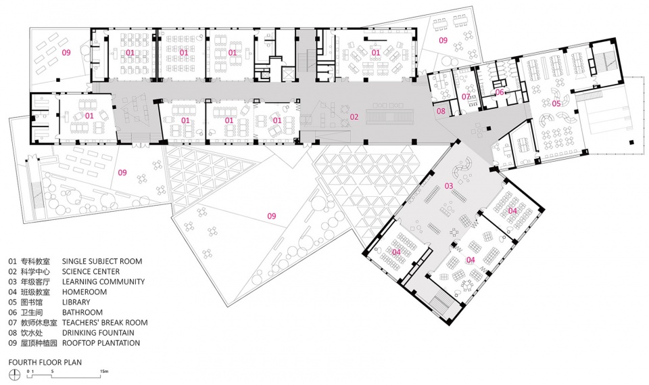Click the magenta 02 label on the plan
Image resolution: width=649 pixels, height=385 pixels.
pos(354,117)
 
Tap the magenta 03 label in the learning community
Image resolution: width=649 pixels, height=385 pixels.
pos(448,185)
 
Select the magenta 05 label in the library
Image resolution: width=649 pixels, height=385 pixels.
pos(556,104)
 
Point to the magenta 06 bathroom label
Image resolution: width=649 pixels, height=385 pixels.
pos(500,93)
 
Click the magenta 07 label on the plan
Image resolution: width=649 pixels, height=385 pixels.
pos(466,97)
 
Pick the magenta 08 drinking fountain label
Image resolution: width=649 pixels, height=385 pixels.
pos(441,111)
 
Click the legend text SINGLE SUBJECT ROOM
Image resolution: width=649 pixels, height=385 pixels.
pos(102,261)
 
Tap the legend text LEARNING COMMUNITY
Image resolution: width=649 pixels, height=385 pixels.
pos(103,281)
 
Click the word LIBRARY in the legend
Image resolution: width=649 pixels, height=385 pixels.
pos(76,302)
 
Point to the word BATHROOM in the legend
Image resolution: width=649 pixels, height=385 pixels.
pos(82,313)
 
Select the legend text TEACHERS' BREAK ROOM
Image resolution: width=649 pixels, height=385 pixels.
pos(104,323)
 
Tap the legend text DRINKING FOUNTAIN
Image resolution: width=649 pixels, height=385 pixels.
pos(98,333)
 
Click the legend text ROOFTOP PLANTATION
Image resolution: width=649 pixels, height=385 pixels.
pos(101,343)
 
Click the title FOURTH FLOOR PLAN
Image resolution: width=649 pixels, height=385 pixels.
pos(45,362)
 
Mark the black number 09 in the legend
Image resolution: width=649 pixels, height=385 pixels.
pos(13,343)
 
